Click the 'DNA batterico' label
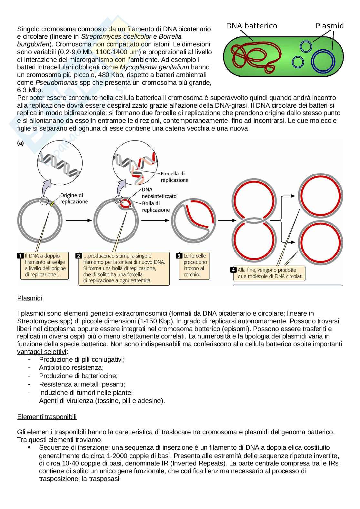[x=251, y=26]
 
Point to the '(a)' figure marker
[x=20, y=143]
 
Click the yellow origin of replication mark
[x=52, y=203]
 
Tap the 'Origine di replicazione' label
[x=74, y=198]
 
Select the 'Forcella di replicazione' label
[x=175, y=177]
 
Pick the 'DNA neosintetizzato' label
[x=159, y=193]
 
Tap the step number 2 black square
[x=79, y=256]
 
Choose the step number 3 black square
[x=179, y=256]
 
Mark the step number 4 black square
[x=233, y=270]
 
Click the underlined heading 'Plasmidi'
[x=30, y=298]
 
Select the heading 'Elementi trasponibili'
[x=47, y=417]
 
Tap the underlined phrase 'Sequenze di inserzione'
[x=74, y=447]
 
